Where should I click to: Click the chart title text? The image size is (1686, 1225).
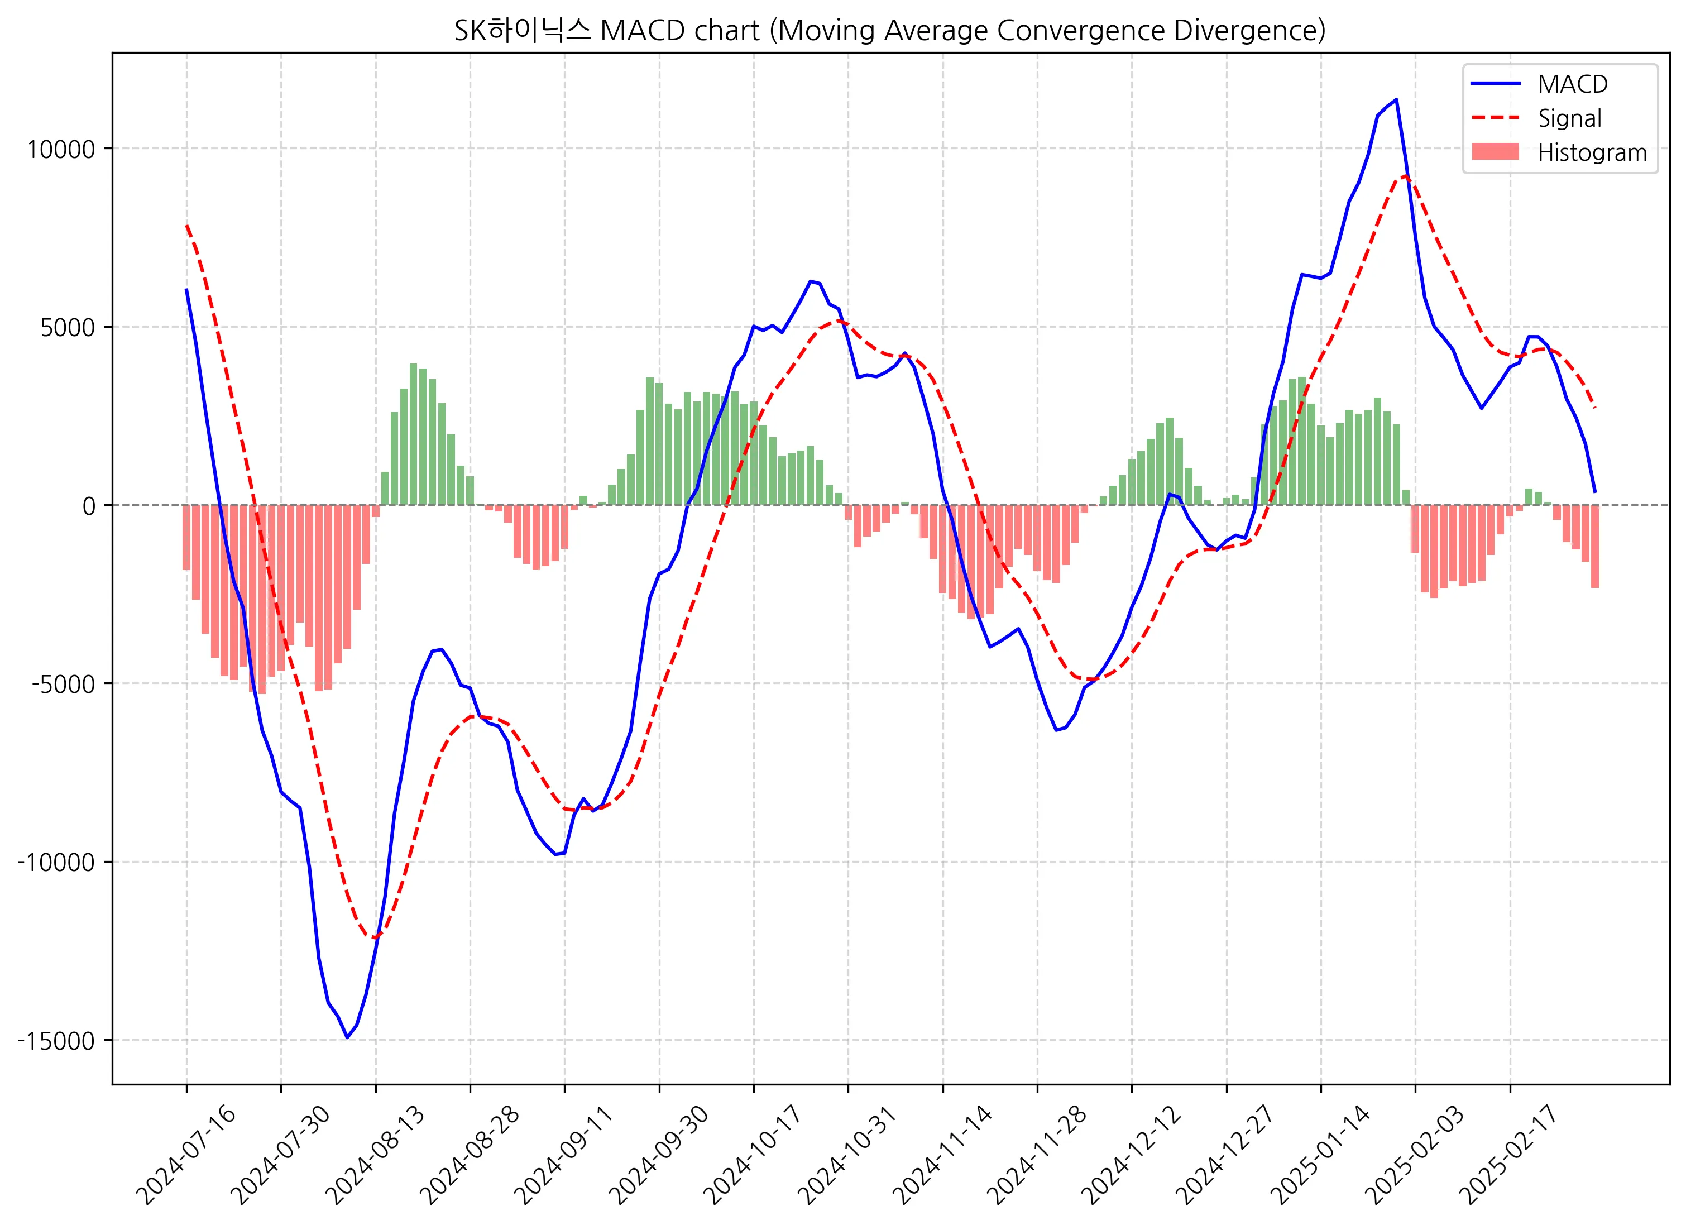click(x=890, y=31)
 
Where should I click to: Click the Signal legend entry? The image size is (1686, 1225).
click(x=1569, y=118)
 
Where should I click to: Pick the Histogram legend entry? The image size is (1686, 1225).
click(x=1592, y=152)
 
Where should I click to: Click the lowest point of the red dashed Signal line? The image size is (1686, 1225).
click(x=375, y=938)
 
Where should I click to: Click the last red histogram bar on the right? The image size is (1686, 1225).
click(x=1594, y=547)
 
